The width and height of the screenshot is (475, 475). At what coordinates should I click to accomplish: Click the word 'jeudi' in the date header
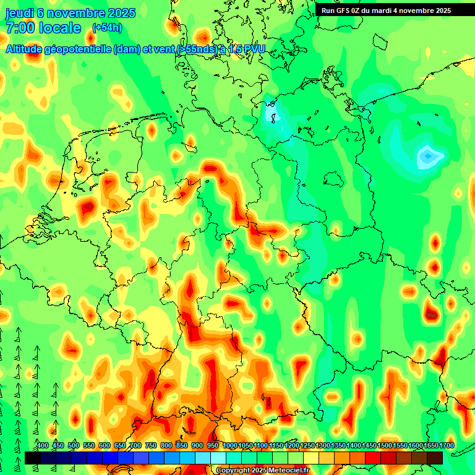click(19, 13)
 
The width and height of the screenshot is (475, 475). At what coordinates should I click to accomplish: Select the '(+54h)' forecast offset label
click(107, 28)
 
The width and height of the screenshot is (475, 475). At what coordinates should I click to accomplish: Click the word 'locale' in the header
click(60, 28)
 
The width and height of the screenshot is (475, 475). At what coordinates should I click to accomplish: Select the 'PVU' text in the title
click(253, 49)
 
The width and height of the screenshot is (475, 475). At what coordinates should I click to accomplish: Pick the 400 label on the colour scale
click(43, 445)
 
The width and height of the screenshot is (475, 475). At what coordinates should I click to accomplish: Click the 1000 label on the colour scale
click(229, 445)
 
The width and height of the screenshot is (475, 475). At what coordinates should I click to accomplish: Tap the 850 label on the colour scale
click(182, 445)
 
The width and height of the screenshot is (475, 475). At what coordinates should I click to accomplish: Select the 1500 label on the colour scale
click(385, 445)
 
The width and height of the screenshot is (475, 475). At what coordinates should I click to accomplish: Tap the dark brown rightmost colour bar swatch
click(435, 458)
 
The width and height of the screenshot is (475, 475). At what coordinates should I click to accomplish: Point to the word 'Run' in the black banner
click(327, 11)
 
